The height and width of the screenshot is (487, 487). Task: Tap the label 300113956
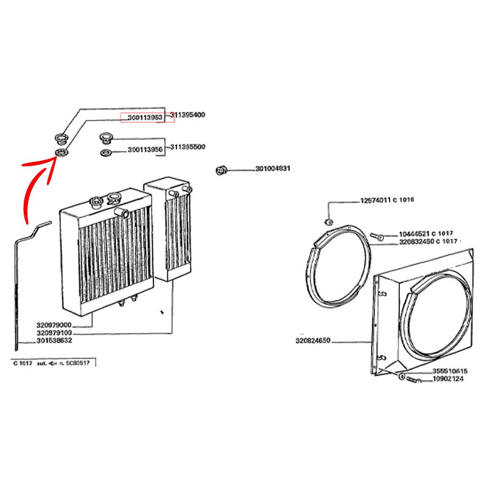tap(145, 150)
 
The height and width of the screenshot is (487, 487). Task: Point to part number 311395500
tap(188, 147)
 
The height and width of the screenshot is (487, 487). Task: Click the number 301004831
tap(273, 170)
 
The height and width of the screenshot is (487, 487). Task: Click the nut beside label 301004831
tap(222, 170)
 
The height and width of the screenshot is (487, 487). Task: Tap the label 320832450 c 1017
tap(428, 241)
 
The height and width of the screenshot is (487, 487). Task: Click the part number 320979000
tap(54, 325)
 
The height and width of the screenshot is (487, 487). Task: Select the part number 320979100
tap(54, 333)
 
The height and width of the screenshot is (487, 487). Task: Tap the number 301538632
tap(54, 341)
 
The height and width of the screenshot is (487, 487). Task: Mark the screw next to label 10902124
tap(413, 380)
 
